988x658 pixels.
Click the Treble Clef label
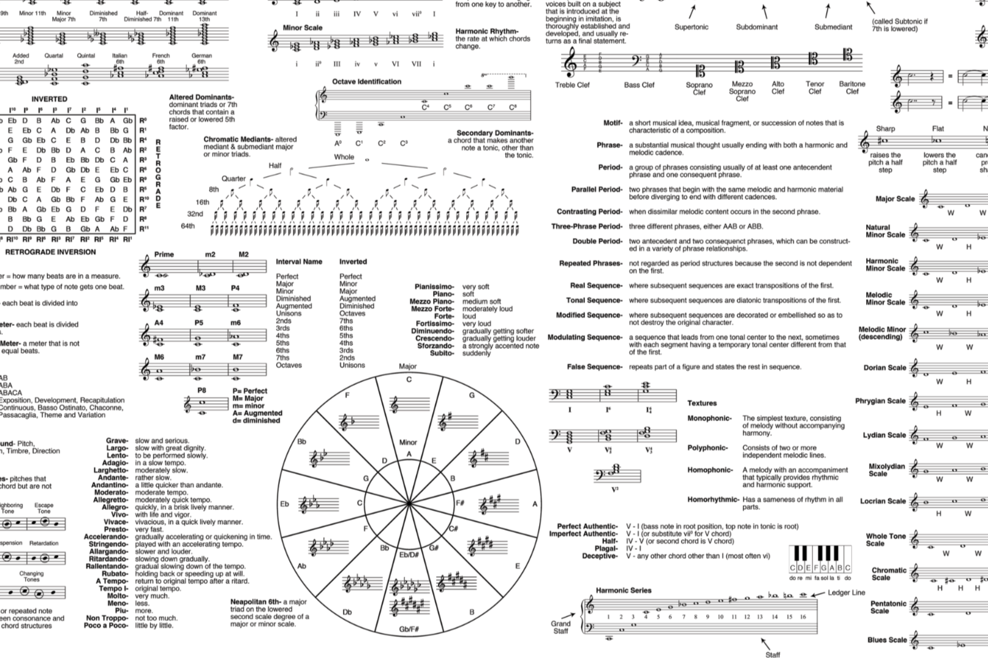click(572, 85)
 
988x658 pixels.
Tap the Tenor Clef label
click(815, 88)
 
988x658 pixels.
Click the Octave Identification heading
click(366, 81)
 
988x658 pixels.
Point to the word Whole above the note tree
click(344, 157)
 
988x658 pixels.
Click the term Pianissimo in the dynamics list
click(434, 286)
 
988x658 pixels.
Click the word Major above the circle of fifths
click(407, 367)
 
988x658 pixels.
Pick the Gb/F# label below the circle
click(409, 629)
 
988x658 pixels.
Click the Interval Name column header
click(299, 261)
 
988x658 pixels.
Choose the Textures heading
click(701, 403)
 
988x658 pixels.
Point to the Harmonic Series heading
click(624, 591)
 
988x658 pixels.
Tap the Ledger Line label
click(847, 593)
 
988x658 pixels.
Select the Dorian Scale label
click(884, 368)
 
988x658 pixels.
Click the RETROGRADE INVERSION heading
click(50, 252)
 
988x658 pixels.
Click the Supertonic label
click(691, 27)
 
